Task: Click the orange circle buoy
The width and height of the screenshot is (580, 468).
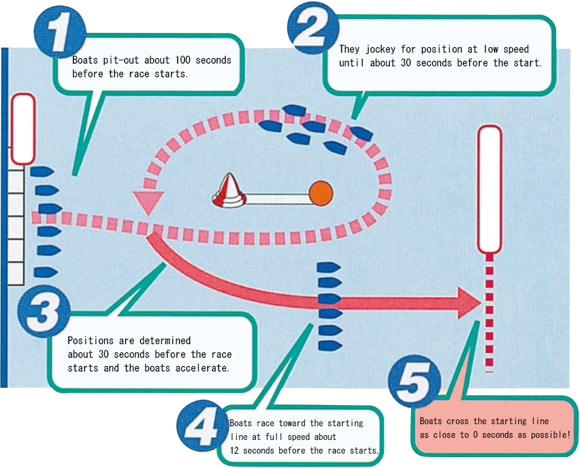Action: coord(321,194)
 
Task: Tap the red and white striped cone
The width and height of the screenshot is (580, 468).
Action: coord(229,191)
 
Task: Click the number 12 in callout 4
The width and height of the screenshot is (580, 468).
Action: coord(236,450)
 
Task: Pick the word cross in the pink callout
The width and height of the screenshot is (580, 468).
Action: coord(469,421)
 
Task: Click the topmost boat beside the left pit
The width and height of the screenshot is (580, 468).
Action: coord(42,172)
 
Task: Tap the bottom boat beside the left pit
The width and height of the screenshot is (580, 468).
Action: coord(43,271)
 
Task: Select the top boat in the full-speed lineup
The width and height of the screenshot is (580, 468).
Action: coord(329,267)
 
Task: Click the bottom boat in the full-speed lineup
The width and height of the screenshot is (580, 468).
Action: coord(330,343)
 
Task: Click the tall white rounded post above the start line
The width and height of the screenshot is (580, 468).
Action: coord(489,189)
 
